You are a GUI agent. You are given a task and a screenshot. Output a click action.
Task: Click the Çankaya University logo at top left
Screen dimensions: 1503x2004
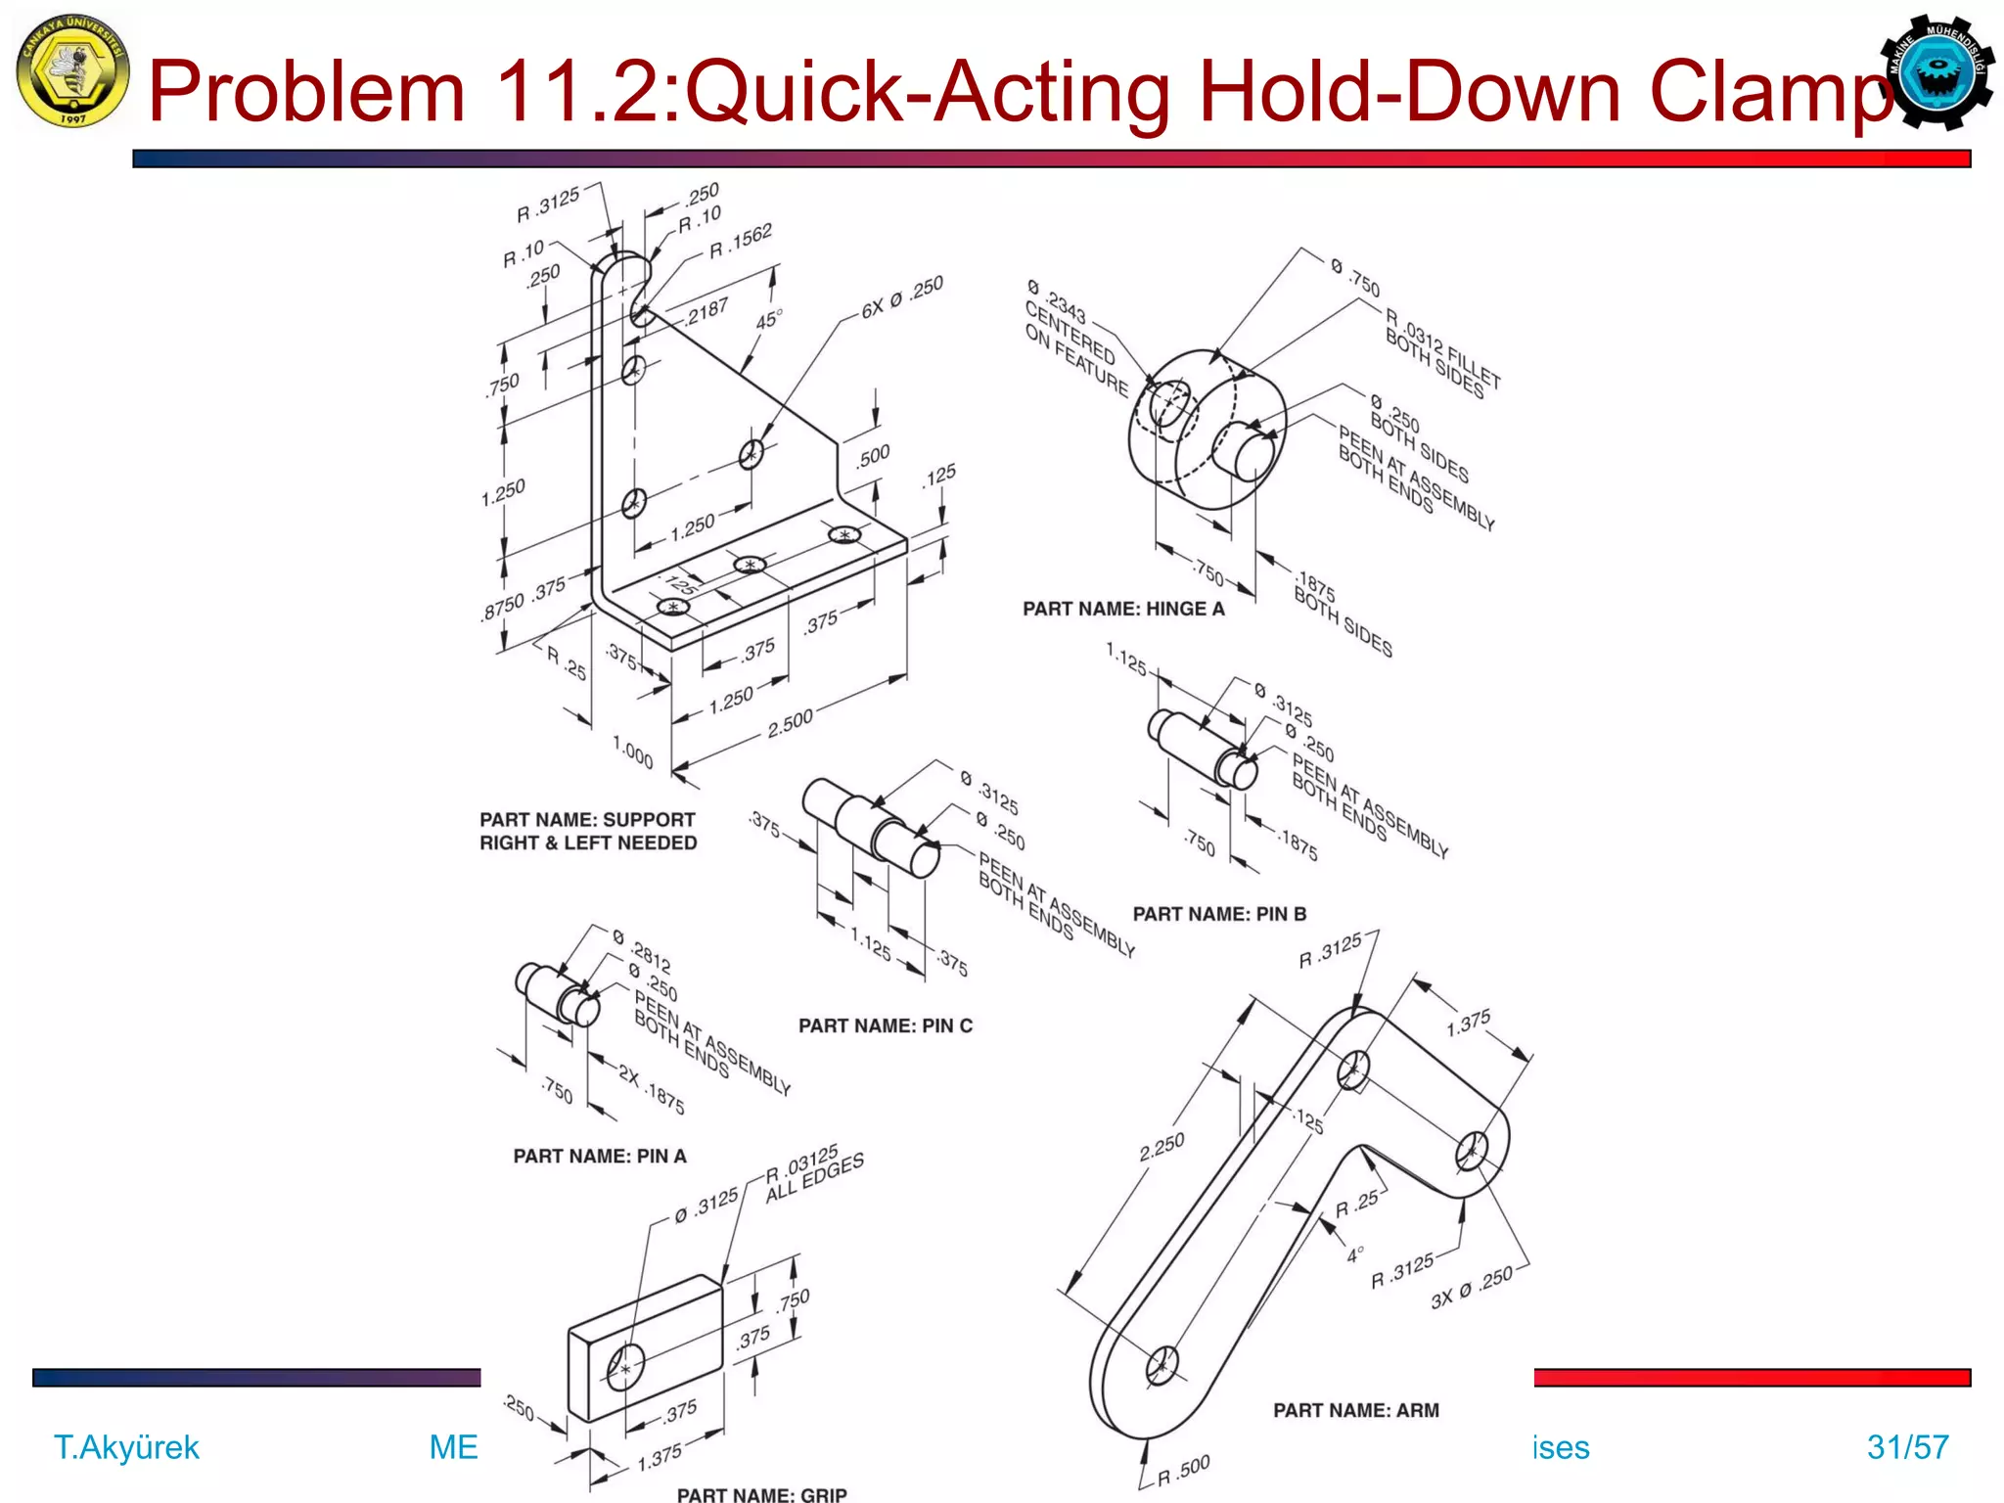[72, 70]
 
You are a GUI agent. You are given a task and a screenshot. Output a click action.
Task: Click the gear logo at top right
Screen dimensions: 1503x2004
[1936, 72]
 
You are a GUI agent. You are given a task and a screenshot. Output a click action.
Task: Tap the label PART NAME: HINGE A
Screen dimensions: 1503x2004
[1123, 609]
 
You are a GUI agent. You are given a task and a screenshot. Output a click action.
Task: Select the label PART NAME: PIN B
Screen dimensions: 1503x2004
[1219, 914]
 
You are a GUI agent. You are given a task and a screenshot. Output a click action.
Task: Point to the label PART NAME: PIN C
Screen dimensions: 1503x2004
[885, 1025]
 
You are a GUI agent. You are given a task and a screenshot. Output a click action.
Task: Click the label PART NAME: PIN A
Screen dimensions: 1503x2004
[600, 1156]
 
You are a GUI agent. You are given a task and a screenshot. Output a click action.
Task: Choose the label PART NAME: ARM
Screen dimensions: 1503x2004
[1355, 1410]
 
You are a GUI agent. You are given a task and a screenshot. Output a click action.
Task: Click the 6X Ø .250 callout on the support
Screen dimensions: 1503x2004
[902, 297]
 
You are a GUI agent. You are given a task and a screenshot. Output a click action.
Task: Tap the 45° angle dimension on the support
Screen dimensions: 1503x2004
[768, 321]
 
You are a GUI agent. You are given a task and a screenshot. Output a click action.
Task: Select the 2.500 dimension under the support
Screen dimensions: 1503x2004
[790, 723]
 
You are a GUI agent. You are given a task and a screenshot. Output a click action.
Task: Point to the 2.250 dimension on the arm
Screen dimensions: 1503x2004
[1161, 1147]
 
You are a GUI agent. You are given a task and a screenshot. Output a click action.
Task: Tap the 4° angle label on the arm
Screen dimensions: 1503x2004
[1354, 1254]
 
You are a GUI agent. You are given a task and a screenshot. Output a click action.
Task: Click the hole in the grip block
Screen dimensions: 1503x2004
[625, 1366]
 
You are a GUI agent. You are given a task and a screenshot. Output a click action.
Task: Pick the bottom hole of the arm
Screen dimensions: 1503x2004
[1162, 1364]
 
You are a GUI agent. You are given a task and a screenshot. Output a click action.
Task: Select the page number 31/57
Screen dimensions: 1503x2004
[1907, 1446]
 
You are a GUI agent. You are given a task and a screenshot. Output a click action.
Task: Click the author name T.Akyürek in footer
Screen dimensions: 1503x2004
[126, 1446]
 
